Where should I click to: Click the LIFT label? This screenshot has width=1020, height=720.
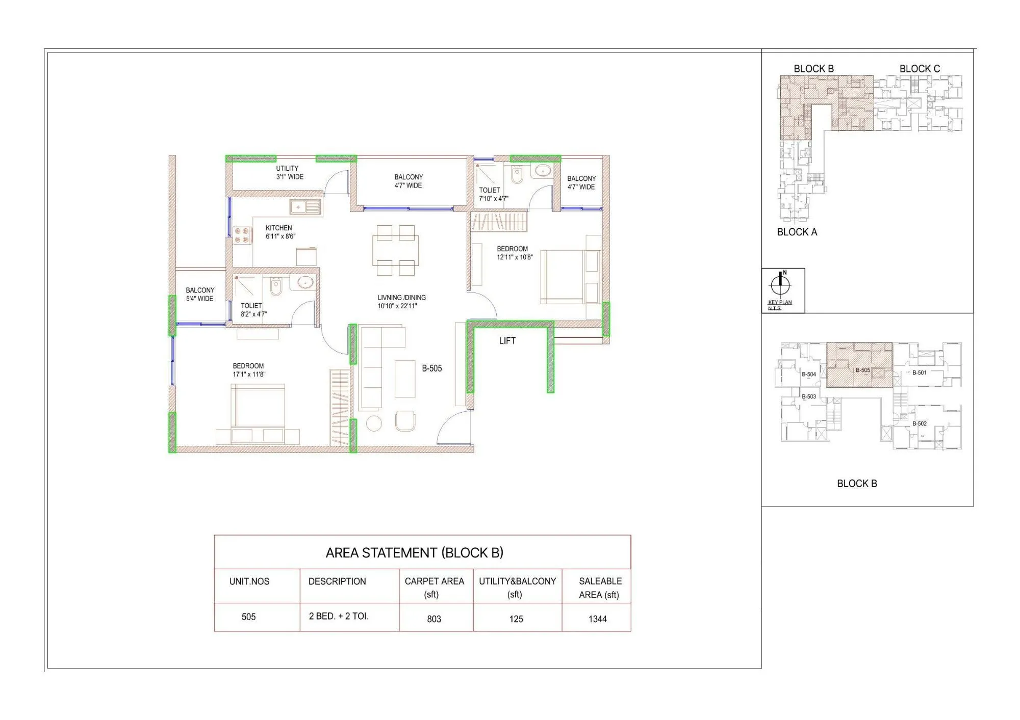click(507, 341)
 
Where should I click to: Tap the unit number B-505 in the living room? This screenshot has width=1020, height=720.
click(431, 368)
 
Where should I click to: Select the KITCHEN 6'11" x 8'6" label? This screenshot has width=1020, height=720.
click(279, 232)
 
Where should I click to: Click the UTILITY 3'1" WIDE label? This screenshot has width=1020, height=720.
click(289, 173)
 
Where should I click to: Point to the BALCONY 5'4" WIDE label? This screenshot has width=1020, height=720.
click(200, 295)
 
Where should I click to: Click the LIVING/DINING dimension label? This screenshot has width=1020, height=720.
click(401, 302)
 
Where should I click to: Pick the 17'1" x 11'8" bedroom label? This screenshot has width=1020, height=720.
click(249, 370)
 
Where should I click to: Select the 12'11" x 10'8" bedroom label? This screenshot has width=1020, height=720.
click(514, 253)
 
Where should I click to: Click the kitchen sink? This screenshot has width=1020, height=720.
click(305, 207)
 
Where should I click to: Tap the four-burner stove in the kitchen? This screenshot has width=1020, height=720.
click(242, 235)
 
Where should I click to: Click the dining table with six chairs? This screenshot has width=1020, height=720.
click(396, 251)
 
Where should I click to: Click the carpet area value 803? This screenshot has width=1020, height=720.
click(434, 619)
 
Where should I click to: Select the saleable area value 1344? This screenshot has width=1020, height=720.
click(597, 619)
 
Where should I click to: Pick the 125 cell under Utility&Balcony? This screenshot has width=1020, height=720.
click(516, 619)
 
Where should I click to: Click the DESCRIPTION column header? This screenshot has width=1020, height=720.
click(337, 581)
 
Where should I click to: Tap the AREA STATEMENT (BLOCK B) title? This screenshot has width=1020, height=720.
click(414, 553)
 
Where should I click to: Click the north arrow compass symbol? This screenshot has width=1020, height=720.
click(780, 283)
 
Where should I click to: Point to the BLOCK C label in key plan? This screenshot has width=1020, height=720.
click(919, 69)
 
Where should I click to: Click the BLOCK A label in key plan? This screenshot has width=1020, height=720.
click(797, 232)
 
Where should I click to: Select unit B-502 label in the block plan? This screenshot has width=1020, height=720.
click(920, 423)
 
